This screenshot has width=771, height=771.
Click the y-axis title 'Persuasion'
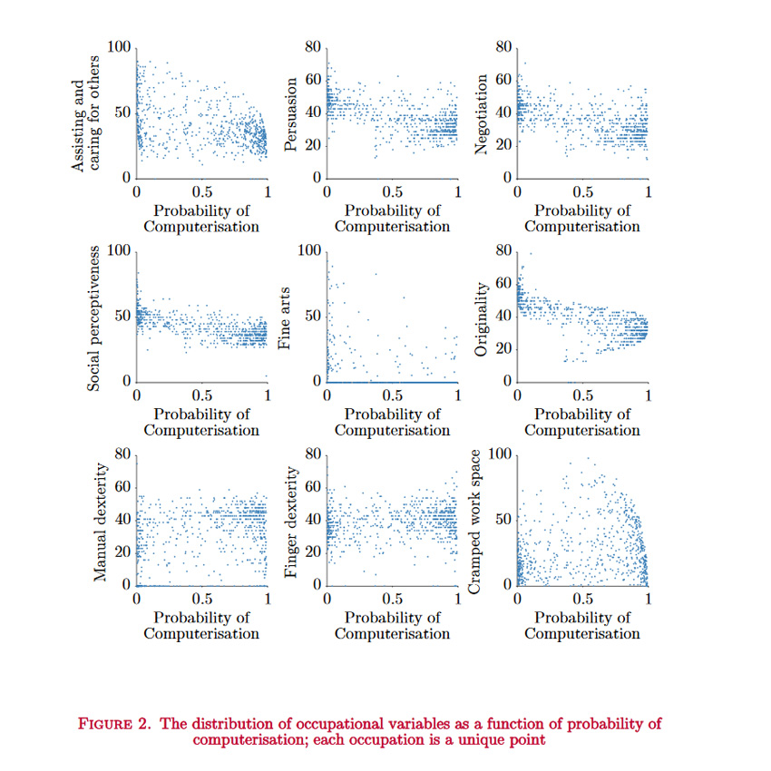point(293,112)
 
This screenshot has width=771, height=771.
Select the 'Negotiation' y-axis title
point(483,112)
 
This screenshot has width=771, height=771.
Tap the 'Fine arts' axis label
point(286,316)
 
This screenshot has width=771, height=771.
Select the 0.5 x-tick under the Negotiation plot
point(582,191)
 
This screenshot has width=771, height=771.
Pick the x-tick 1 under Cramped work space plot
point(648,599)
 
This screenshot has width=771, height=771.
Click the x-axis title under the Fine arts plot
point(392,422)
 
